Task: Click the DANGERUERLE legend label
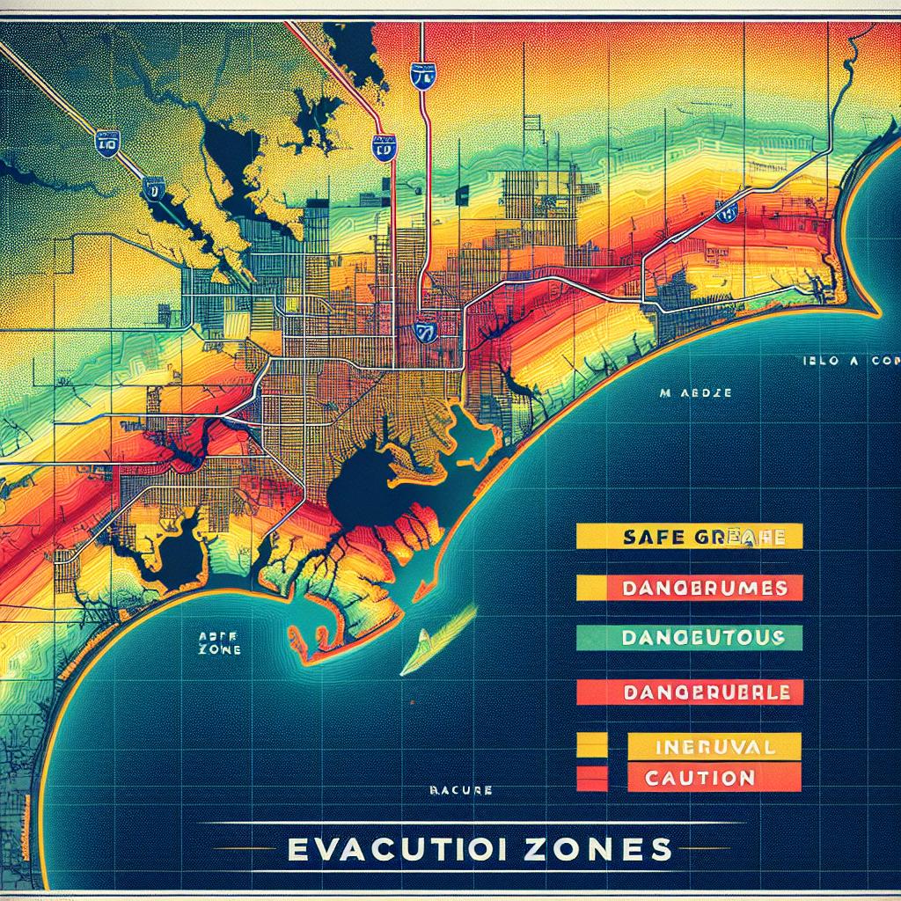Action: pos(688,692)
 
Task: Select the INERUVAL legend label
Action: pos(714,747)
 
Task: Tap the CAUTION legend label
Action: pos(714,777)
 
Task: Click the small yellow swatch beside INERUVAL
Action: pos(591,747)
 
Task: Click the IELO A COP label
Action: pos(849,361)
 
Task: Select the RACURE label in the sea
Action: pos(460,791)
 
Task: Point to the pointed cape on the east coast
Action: pos(871,312)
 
